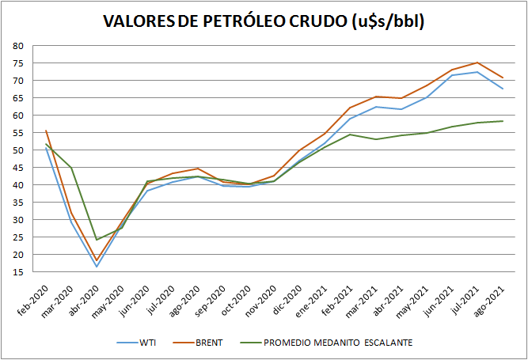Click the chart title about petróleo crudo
point(264,21)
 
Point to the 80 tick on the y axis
point(17,46)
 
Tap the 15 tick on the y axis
point(17,271)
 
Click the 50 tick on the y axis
point(17,150)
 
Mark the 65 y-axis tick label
point(17,98)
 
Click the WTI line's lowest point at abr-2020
point(97,266)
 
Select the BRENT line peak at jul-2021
point(477,63)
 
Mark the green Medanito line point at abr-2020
point(97,239)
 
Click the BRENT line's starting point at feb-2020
point(46,131)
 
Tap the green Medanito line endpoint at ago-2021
point(503,121)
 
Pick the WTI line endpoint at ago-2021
point(503,89)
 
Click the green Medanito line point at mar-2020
point(71,168)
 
